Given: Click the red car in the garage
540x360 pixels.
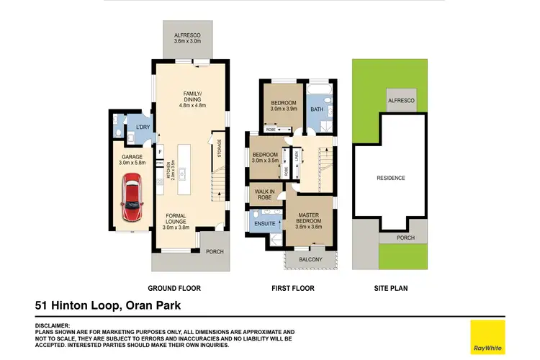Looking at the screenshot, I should click(x=132, y=201).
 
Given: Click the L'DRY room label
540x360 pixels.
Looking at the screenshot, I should click(x=143, y=128).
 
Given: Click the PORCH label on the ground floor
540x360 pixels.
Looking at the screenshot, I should click(x=214, y=252).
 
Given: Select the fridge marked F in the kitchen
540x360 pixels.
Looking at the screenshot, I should click(x=159, y=152).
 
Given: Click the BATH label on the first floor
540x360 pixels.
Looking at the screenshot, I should click(x=317, y=109).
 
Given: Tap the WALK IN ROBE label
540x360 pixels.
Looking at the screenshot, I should click(x=264, y=193).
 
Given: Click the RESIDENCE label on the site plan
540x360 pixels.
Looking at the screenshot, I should click(x=391, y=178).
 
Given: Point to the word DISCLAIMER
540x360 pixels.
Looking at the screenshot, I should click(x=53, y=325).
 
